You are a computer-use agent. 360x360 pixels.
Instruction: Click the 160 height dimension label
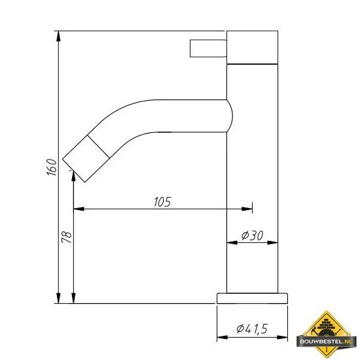click(50, 167)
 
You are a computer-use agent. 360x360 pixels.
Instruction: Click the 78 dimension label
click(65, 237)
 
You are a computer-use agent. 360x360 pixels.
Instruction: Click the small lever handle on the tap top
click(207, 48)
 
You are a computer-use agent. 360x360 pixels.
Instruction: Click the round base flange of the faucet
click(252, 298)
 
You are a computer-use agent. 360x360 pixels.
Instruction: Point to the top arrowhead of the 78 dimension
click(73, 178)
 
